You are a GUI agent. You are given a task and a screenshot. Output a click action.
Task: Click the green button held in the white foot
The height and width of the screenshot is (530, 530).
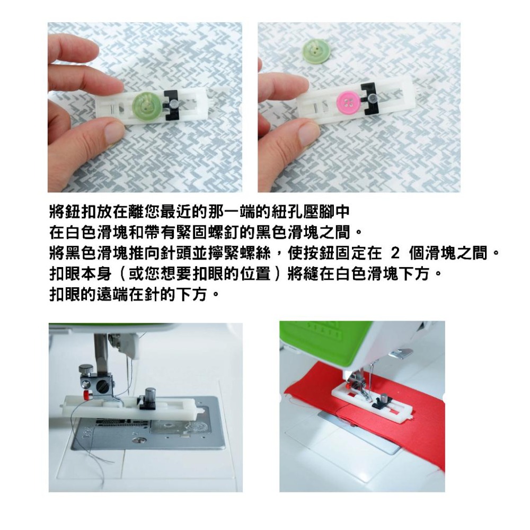click(146, 105)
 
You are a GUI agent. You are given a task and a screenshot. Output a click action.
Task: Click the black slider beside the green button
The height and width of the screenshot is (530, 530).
click(173, 105)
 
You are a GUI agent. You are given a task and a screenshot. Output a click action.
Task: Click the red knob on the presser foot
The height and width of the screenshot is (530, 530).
click(87, 395)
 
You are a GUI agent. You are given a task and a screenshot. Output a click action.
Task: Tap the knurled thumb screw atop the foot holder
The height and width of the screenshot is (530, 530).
click(86, 370)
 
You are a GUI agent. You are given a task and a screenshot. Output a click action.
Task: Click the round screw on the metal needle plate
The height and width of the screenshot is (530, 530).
click(139, 440)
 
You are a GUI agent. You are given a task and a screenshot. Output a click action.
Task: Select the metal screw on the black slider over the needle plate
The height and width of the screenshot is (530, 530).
click(150, 394)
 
